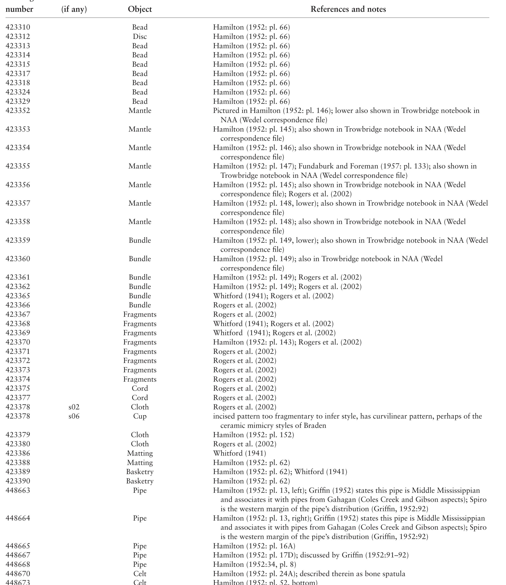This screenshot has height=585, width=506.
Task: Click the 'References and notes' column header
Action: pyautogui.click(x=348, y=9)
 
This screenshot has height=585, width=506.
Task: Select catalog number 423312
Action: pyautogui.click(x=18, y=36)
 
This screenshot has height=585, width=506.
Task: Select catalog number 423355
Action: pyautogui.click(x=18, y=166)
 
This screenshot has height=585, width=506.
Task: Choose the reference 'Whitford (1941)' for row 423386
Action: pyautogui.click(x=240, y=453)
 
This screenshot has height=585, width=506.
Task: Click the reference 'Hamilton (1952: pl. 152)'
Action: pyautogui.click(x=253, y=435)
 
